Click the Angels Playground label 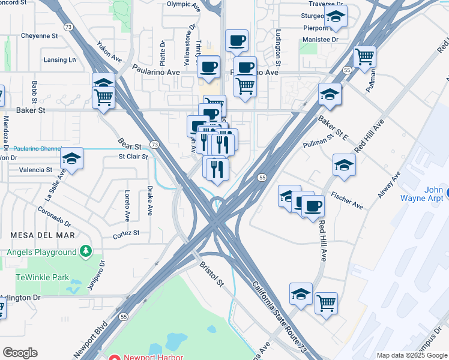click(x=41, y=252)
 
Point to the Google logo click(x=20, y=352)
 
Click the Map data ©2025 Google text click(x=412, y=355)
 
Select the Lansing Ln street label click(x=60, y=60)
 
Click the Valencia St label click(x=36, y=170)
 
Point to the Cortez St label click(x=127, y=232)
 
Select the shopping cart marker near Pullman click(x=365, y=58)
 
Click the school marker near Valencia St click(x=72, y=159)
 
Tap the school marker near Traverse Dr click(x=336, y=17)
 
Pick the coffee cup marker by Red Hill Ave click(x=312, y=206)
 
